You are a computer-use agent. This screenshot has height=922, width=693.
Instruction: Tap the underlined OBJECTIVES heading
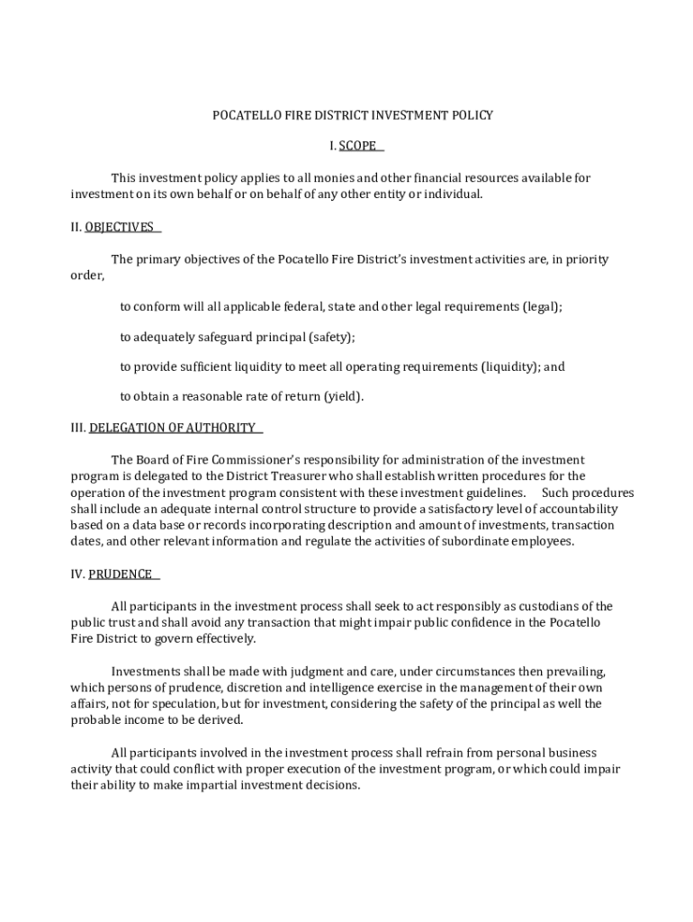click(x=120, y=227)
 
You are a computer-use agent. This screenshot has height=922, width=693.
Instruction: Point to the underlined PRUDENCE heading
click(x=121, y=574)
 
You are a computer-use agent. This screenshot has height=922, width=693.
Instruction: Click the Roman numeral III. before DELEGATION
click(x=78, y=428)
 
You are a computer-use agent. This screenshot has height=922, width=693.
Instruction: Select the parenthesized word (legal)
click(x=541, y=307)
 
